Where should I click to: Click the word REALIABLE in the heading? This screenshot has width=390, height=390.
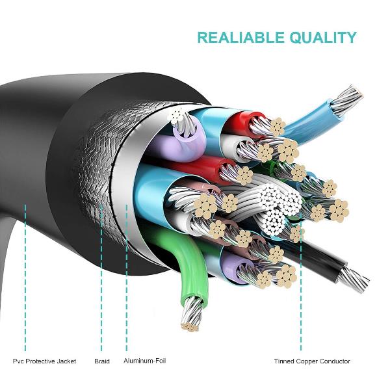pyautogui.click(x=237, y=37)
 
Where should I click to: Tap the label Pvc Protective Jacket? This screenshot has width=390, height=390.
pyautogui.click(x=45, y=361)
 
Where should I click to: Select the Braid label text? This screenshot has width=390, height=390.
pyautogui.click(x=101, y=361)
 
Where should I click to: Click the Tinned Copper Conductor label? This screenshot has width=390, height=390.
pyautogui.click(x=312, y=361)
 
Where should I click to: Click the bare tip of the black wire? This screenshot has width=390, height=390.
pyautogui.click(x=354, y=279)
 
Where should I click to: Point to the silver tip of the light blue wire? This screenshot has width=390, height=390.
pyautogui.click(x=347, y=97)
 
